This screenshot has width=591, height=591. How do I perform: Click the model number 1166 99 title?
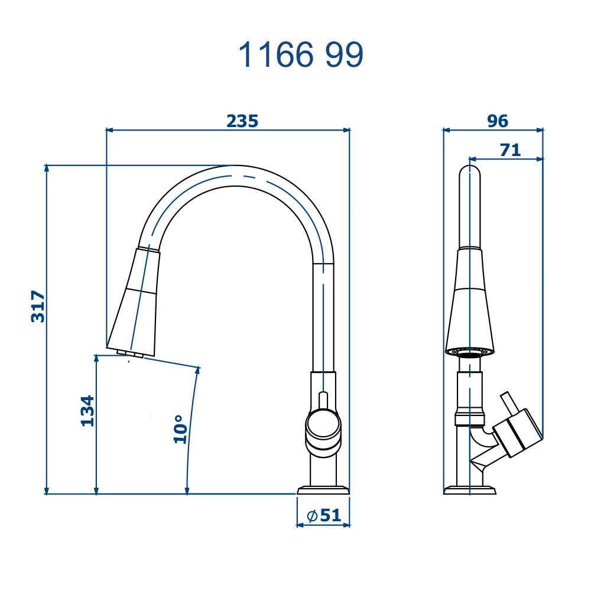pos(301,55)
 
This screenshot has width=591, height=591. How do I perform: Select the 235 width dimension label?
pos(242,121)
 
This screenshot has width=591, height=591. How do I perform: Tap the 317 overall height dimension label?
pos(38,306)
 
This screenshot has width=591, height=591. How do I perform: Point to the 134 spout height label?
pos(87,411)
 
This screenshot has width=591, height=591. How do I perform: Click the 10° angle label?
pos(180,429)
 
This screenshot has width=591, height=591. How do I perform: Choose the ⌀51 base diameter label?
pos(324,515)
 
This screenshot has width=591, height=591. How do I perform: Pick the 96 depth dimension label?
pos(498,121)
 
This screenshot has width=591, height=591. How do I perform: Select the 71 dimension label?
pos(511,150)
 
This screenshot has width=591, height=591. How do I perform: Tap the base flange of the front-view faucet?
pos(323,490)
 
